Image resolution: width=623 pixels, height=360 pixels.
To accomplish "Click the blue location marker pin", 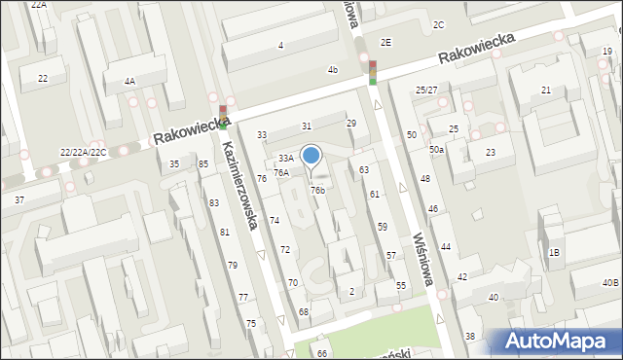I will coord(311,157).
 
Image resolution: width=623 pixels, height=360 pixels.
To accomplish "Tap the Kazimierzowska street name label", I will coord(238,186).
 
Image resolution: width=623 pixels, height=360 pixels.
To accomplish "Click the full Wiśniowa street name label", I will coord(421,259).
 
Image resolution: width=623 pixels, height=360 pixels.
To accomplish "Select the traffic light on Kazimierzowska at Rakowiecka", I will coord(223,116).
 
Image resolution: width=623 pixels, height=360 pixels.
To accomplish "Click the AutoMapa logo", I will coord(558,341).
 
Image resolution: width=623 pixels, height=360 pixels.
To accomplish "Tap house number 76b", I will coord(317,190).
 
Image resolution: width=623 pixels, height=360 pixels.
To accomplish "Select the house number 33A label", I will coord(285,158).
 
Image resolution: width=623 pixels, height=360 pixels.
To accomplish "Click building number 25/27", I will coord(426,90).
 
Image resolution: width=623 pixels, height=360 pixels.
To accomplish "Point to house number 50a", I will coord(437,150).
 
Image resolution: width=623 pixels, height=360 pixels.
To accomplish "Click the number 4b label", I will coord(332,70).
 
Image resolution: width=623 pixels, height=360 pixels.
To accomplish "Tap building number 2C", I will coord(438,24).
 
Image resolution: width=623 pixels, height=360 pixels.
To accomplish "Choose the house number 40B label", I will coord(609,282).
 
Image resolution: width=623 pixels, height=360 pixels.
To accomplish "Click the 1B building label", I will coord(554,253).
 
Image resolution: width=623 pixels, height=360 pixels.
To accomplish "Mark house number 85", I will coord(203,163).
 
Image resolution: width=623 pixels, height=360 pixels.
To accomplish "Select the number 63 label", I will coord(364,170).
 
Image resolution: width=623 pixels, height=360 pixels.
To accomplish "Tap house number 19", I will coord(607,51).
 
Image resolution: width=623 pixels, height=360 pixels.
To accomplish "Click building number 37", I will coord(19,199).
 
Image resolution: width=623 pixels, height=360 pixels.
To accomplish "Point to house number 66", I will coord(321,352).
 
